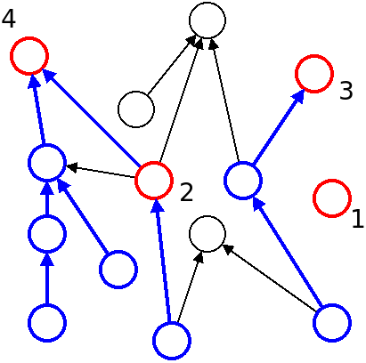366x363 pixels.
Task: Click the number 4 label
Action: point(9,20)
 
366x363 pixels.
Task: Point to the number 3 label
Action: point(346,91)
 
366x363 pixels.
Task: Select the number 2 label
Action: point(186,193)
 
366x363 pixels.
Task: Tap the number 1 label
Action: point(357,219)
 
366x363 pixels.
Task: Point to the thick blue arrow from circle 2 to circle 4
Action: point(92,118)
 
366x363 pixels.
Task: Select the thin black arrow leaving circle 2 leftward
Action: point(101,172)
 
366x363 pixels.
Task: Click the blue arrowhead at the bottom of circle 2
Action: point(157,206)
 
